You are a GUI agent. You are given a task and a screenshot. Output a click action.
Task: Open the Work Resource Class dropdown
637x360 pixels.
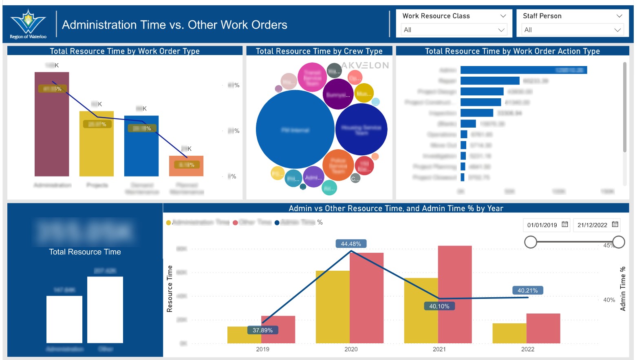[454, 30]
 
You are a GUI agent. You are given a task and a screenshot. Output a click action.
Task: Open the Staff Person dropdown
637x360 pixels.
[572, 30]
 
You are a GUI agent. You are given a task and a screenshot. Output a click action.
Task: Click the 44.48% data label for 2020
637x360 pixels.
[350, 244]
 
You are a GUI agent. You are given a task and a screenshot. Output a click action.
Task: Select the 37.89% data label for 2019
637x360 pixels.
[262, 330]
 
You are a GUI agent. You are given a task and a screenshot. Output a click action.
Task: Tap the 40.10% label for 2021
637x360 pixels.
[439, 306]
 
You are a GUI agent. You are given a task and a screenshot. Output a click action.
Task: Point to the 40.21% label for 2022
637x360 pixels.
[527, 290]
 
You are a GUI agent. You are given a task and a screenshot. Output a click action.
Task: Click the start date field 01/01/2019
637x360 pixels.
[542, 225]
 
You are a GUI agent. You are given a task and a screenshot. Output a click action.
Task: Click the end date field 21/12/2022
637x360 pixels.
[592, 225]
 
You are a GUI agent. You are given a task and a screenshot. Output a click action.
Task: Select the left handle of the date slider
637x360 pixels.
[531, 242]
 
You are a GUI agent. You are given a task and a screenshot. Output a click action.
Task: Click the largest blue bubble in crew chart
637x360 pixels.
[295, 129]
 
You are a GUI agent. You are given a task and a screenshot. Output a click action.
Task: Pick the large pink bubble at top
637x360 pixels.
[312, 77]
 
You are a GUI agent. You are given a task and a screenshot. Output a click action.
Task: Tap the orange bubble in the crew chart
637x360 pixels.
[338, 165]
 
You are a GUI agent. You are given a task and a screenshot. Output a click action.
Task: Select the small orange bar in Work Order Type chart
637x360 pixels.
[186, 166]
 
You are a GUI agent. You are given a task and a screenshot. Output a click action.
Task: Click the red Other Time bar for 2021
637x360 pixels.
[455, 294]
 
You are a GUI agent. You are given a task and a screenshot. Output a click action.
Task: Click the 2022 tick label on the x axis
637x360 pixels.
[527, 349]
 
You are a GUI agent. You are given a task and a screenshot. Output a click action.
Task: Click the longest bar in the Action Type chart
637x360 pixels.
[523, 70]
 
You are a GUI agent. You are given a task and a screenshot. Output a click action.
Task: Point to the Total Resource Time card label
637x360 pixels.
[85, 252]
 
